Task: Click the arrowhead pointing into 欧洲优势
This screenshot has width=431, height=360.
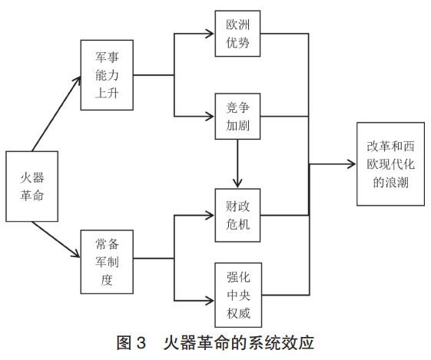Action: tap(211, 34)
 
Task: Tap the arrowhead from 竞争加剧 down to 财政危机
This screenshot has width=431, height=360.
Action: tap(237, 183)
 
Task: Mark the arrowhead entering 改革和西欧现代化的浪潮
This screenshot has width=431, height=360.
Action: tap(352, 164)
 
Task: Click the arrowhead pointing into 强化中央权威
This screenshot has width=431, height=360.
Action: tap(211, 301)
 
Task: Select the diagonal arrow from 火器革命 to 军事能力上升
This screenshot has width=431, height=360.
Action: tap(57, 114)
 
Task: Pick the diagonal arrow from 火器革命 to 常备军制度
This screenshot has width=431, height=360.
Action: tap(56, 239)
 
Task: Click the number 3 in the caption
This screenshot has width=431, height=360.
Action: tap(141, 343)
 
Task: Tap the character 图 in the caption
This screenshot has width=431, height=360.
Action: tap(124, 342)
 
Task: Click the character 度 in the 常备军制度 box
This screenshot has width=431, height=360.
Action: tap(107, 280)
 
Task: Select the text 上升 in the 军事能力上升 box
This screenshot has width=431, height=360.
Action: tap(107, 93)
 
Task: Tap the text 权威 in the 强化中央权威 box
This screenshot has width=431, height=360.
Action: tap(238, 313)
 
